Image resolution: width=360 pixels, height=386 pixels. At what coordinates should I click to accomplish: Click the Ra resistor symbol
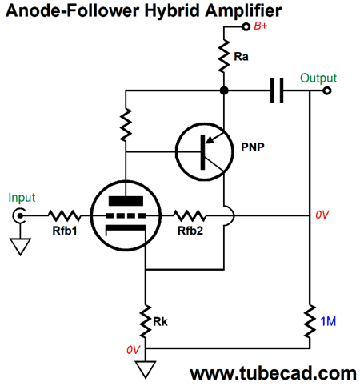coord(224,56)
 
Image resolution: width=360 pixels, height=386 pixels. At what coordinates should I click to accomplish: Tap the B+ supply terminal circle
coord(246,26)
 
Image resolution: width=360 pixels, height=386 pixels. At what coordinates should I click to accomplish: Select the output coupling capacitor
coord(277,90)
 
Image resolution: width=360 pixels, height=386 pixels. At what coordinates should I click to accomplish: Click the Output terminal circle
coord(327,90)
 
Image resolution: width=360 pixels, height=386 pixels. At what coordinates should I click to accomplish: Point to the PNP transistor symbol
coord(205,151)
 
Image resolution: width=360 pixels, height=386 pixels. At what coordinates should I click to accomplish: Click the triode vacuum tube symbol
coord(126,215)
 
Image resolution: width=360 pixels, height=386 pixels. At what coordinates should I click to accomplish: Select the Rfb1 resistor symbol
coord(64,215)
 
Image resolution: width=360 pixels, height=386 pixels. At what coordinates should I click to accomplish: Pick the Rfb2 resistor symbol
coord(190,215)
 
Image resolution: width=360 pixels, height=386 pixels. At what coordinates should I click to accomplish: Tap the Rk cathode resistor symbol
coord(146,321)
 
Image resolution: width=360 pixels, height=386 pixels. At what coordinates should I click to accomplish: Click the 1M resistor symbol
coord(310,321)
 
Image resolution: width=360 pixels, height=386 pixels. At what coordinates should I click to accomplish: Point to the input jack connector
coord(19,215)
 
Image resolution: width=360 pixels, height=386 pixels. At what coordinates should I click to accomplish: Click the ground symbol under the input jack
coord(20,247)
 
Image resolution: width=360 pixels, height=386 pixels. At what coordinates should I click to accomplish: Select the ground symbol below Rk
coord(146,369)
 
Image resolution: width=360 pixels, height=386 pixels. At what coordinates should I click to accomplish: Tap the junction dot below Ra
coord(224,90)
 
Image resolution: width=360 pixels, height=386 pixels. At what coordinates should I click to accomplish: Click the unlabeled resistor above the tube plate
coord(126,124)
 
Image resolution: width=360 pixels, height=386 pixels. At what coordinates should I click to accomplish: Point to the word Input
coord(22,198)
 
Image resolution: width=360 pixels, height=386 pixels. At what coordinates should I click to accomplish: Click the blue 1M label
coord(328,321)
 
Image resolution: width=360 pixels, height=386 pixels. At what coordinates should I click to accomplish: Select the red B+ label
coord(261,26)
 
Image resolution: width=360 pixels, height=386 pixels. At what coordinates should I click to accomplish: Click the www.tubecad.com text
coord(273,373)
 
